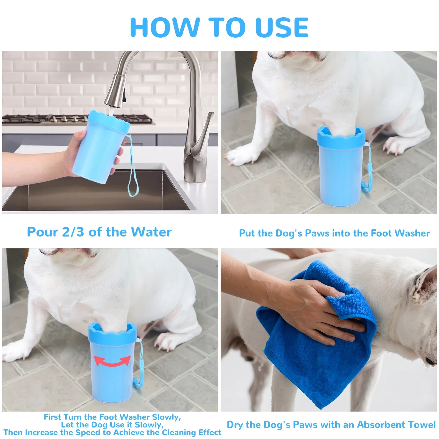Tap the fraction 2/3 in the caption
pos(73,232)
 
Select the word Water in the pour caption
pos(151,232)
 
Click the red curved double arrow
pos(112,361)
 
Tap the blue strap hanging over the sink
pos(133,176)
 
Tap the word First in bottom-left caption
pos(53,417)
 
